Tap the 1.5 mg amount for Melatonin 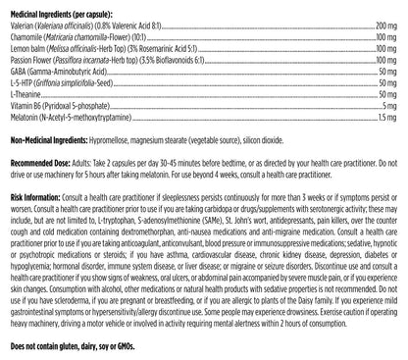point(392,144)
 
